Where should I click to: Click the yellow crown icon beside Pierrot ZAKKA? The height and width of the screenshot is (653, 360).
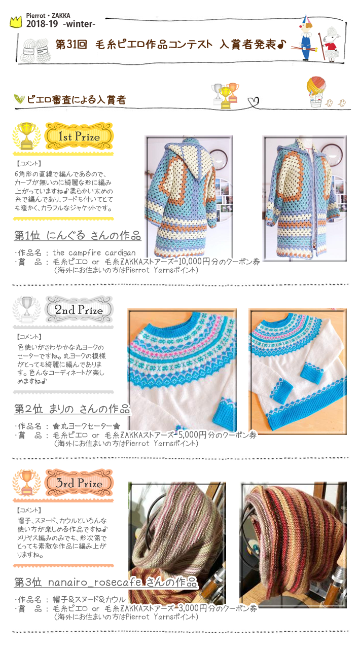[x=16, y=22]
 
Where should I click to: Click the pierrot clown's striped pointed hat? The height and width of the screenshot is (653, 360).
[x=305, y=20]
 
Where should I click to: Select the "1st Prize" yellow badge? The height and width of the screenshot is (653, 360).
[x=79, y=136]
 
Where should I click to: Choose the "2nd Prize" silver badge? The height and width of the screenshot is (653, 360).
[x=79, y=310]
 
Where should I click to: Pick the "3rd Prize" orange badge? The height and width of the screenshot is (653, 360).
[x=79, y=483]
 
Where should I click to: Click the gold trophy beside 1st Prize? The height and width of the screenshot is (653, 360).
[x=26, y=135]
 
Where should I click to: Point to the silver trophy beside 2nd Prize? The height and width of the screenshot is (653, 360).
[x=26, y=309]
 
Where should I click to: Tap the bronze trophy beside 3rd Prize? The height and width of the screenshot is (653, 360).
[x=26, y=483]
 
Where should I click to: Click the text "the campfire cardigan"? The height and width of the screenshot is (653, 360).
[x=94, y=252]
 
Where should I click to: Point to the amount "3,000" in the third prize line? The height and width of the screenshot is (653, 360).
[x=189, y=608]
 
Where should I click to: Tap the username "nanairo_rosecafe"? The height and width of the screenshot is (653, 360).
[x=95, y=583]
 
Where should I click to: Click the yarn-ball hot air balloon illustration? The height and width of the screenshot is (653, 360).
[x=316, y=91]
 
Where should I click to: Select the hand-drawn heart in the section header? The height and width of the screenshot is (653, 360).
[x=254, y=101]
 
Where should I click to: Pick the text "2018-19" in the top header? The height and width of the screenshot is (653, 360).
[x=42, y=24]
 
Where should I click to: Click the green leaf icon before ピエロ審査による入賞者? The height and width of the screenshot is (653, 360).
[x=19, y=99]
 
